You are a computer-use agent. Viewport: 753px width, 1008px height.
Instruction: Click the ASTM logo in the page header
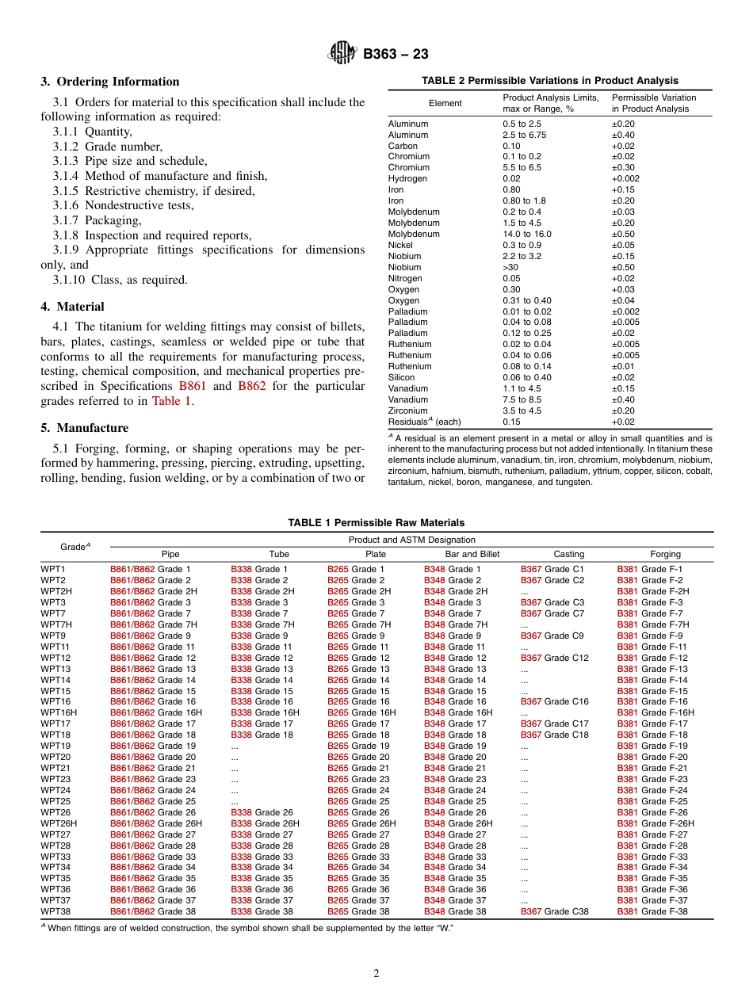[343, 54]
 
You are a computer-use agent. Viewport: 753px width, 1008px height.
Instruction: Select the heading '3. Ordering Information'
[110, 82]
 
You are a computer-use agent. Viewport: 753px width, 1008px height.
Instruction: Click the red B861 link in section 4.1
[191, 386]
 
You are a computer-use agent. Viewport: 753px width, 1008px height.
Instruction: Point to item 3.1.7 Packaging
[97, 220]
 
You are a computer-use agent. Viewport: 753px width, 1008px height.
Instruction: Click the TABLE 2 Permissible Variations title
[549, 81]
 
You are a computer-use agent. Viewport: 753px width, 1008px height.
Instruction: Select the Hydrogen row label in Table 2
[407, 179]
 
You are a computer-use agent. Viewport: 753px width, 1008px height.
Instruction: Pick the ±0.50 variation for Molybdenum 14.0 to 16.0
[622, 234]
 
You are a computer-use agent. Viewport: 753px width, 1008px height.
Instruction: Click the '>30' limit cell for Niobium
[511, 267]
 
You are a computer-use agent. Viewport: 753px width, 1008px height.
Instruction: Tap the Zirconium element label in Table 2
[407, 410]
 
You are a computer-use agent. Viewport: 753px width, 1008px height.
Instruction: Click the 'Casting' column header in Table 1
[568, 554]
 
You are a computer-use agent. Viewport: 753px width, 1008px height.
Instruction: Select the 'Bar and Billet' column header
[472, 554]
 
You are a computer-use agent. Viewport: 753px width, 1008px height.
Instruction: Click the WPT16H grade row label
[59, 712]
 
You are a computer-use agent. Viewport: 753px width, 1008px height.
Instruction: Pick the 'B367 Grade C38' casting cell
[554, 911]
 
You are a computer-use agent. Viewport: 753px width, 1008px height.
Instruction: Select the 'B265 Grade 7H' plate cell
[359, 624]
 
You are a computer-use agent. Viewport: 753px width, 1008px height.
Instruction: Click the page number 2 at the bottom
[376, 974]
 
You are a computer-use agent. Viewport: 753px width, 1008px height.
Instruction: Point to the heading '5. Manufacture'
[84, 428]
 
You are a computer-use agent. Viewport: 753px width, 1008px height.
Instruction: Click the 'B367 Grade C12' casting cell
[554, 658]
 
